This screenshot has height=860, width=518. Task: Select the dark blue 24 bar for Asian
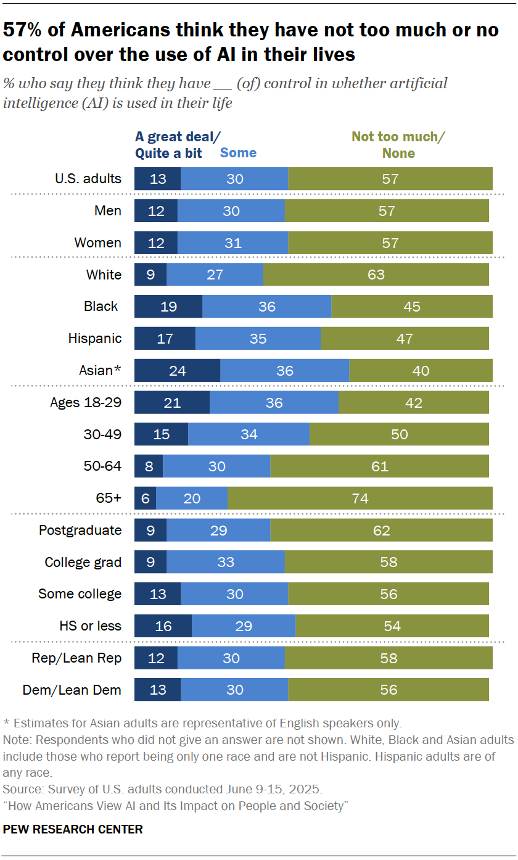pos(177,371)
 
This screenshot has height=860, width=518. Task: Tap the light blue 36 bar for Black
pos(266,307)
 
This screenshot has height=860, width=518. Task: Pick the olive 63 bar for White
pos(376,275)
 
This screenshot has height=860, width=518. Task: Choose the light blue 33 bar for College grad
pos(225,562)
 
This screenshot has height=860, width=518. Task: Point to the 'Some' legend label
pos(238,153)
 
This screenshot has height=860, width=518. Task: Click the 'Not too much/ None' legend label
pos(398,145)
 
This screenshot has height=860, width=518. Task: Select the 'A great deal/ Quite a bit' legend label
pos(169,145)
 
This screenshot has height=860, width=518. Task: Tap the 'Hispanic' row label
pos(95,338)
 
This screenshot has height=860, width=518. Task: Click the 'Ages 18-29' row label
pos(86,402)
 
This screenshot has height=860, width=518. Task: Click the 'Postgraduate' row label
pos(80,531)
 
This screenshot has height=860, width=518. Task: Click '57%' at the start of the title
pos(23,30)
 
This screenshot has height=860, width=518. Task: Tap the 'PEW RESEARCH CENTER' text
pos(73,829)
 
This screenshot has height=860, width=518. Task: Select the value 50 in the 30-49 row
pos(399,434)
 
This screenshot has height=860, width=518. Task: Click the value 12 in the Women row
pos(156,243)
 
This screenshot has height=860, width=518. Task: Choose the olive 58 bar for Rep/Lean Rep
pos(388,658)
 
